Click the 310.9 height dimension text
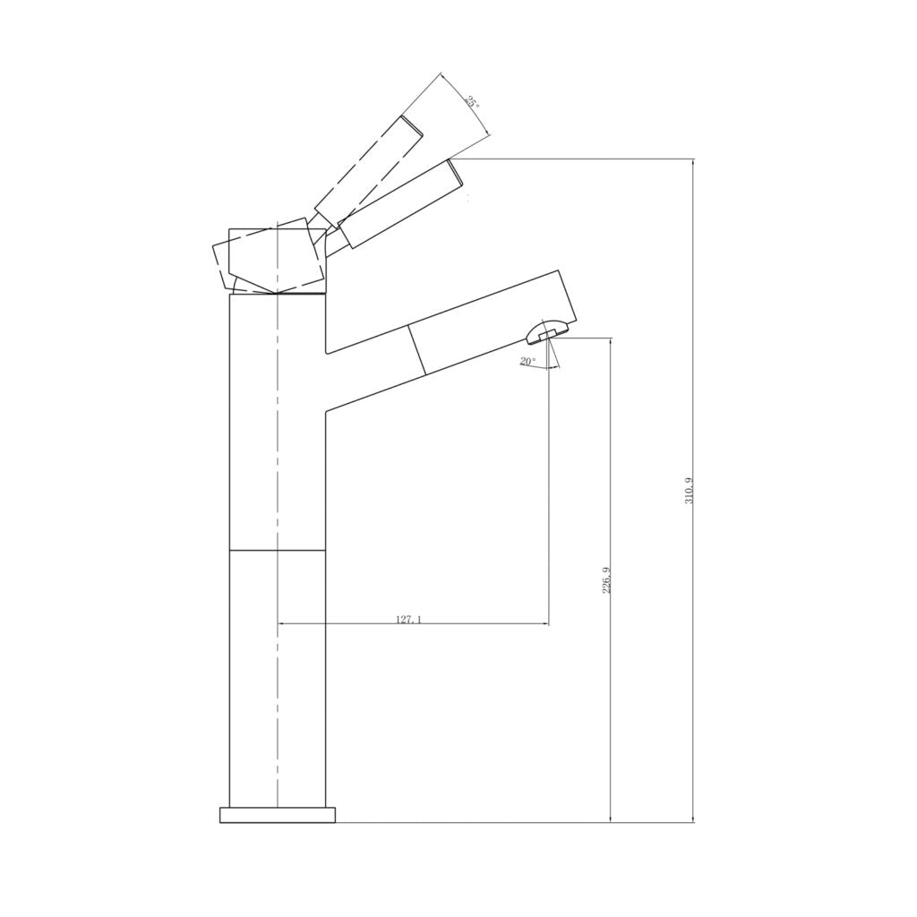689,491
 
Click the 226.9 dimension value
606,581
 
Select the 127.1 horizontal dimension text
408,619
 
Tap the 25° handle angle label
472,102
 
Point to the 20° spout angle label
527,362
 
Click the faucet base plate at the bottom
278,814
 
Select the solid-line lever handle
402,203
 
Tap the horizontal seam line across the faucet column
278,549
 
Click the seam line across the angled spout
416,349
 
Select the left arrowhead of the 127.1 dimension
283,623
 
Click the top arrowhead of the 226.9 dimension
611,342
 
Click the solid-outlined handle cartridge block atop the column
278,260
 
